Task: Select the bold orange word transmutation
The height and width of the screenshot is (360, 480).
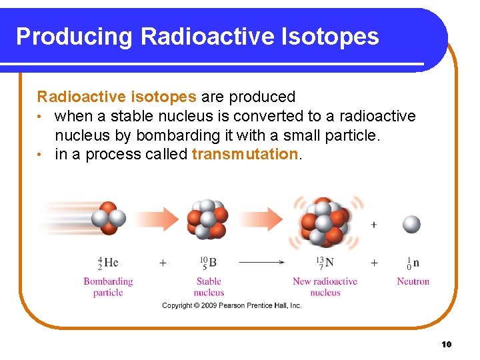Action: (x=244, y=155)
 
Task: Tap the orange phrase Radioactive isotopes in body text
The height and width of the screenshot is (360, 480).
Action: (x=117, y=97)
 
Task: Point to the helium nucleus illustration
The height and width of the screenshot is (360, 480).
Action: (x=109, y=218)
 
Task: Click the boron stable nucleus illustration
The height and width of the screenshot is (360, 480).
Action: (x=207, y=219)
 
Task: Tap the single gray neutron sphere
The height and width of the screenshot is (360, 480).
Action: (x=411, y=225)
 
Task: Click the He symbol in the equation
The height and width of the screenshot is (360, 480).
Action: (x=111, y=263)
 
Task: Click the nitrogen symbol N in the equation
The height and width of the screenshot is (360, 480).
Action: (x=329, y=263)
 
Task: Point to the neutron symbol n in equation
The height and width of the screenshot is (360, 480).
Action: (x=416, y=263)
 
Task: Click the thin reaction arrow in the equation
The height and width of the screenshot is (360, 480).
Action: (x=261, y=263)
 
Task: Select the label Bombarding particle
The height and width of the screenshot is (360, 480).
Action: (x=108, y=287)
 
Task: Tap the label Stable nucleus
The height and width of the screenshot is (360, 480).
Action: (x=209, y=287)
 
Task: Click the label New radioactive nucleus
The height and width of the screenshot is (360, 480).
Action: (x=325, y=287)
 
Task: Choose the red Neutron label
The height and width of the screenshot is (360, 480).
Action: (x=413, y=281)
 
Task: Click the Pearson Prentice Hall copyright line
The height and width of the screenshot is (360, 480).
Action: (x=232, y=305)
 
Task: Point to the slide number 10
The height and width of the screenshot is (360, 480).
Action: (x=446, y=344)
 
